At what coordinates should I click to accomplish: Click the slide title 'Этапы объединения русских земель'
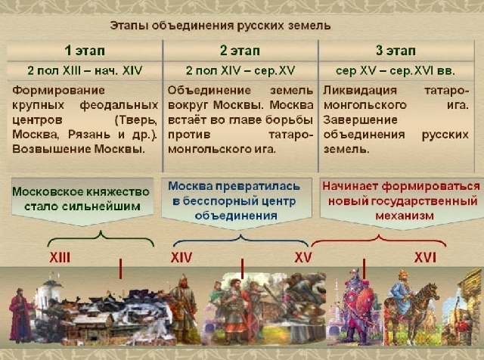220,26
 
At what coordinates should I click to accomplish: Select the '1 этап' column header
85,51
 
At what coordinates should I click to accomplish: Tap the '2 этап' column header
240,51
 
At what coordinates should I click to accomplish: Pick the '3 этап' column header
396,51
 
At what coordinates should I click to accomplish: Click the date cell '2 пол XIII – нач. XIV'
85,70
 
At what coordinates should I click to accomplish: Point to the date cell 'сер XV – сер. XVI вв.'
396,70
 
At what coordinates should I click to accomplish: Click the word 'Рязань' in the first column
89,135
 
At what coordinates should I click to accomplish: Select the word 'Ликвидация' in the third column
360,91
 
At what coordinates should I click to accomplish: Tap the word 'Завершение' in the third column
360,119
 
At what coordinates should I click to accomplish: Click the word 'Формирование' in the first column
59,91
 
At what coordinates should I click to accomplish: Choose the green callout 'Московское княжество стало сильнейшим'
81,199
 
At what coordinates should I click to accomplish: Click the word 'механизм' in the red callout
405,216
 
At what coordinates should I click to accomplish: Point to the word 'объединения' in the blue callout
236,216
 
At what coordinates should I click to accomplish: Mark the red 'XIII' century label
60,257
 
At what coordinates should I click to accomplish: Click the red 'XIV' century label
181,257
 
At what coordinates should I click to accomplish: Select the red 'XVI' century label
425,257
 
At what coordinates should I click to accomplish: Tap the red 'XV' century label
303,257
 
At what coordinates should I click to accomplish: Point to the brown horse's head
432,293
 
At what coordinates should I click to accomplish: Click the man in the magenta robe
20,315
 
